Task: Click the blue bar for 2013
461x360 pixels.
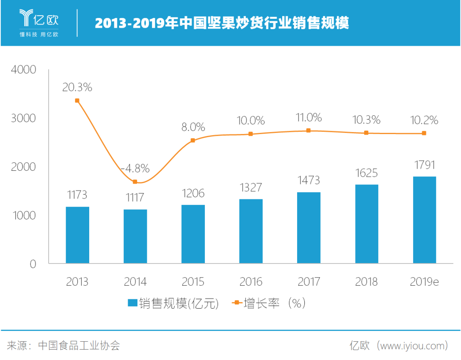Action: tap(77, 235)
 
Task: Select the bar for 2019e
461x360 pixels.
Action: tap(424, 220)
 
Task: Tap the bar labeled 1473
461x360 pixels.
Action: tap(309, 228)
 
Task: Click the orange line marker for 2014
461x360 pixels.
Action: tap(135, 182)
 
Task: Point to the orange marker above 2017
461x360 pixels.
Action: tap(309, 131)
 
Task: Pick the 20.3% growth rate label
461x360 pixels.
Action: tap(77, 88)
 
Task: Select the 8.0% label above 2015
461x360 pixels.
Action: tap(193, 127)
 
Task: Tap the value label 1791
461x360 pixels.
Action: tap(424, 165)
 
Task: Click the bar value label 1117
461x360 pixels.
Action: tap(135, 198)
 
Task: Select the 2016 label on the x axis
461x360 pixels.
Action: tap(251, 282)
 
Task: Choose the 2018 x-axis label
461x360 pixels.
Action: tap(366, 282)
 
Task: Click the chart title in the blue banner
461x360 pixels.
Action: tap(222, 23)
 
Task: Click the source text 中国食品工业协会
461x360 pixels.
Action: tap(79, 345)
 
